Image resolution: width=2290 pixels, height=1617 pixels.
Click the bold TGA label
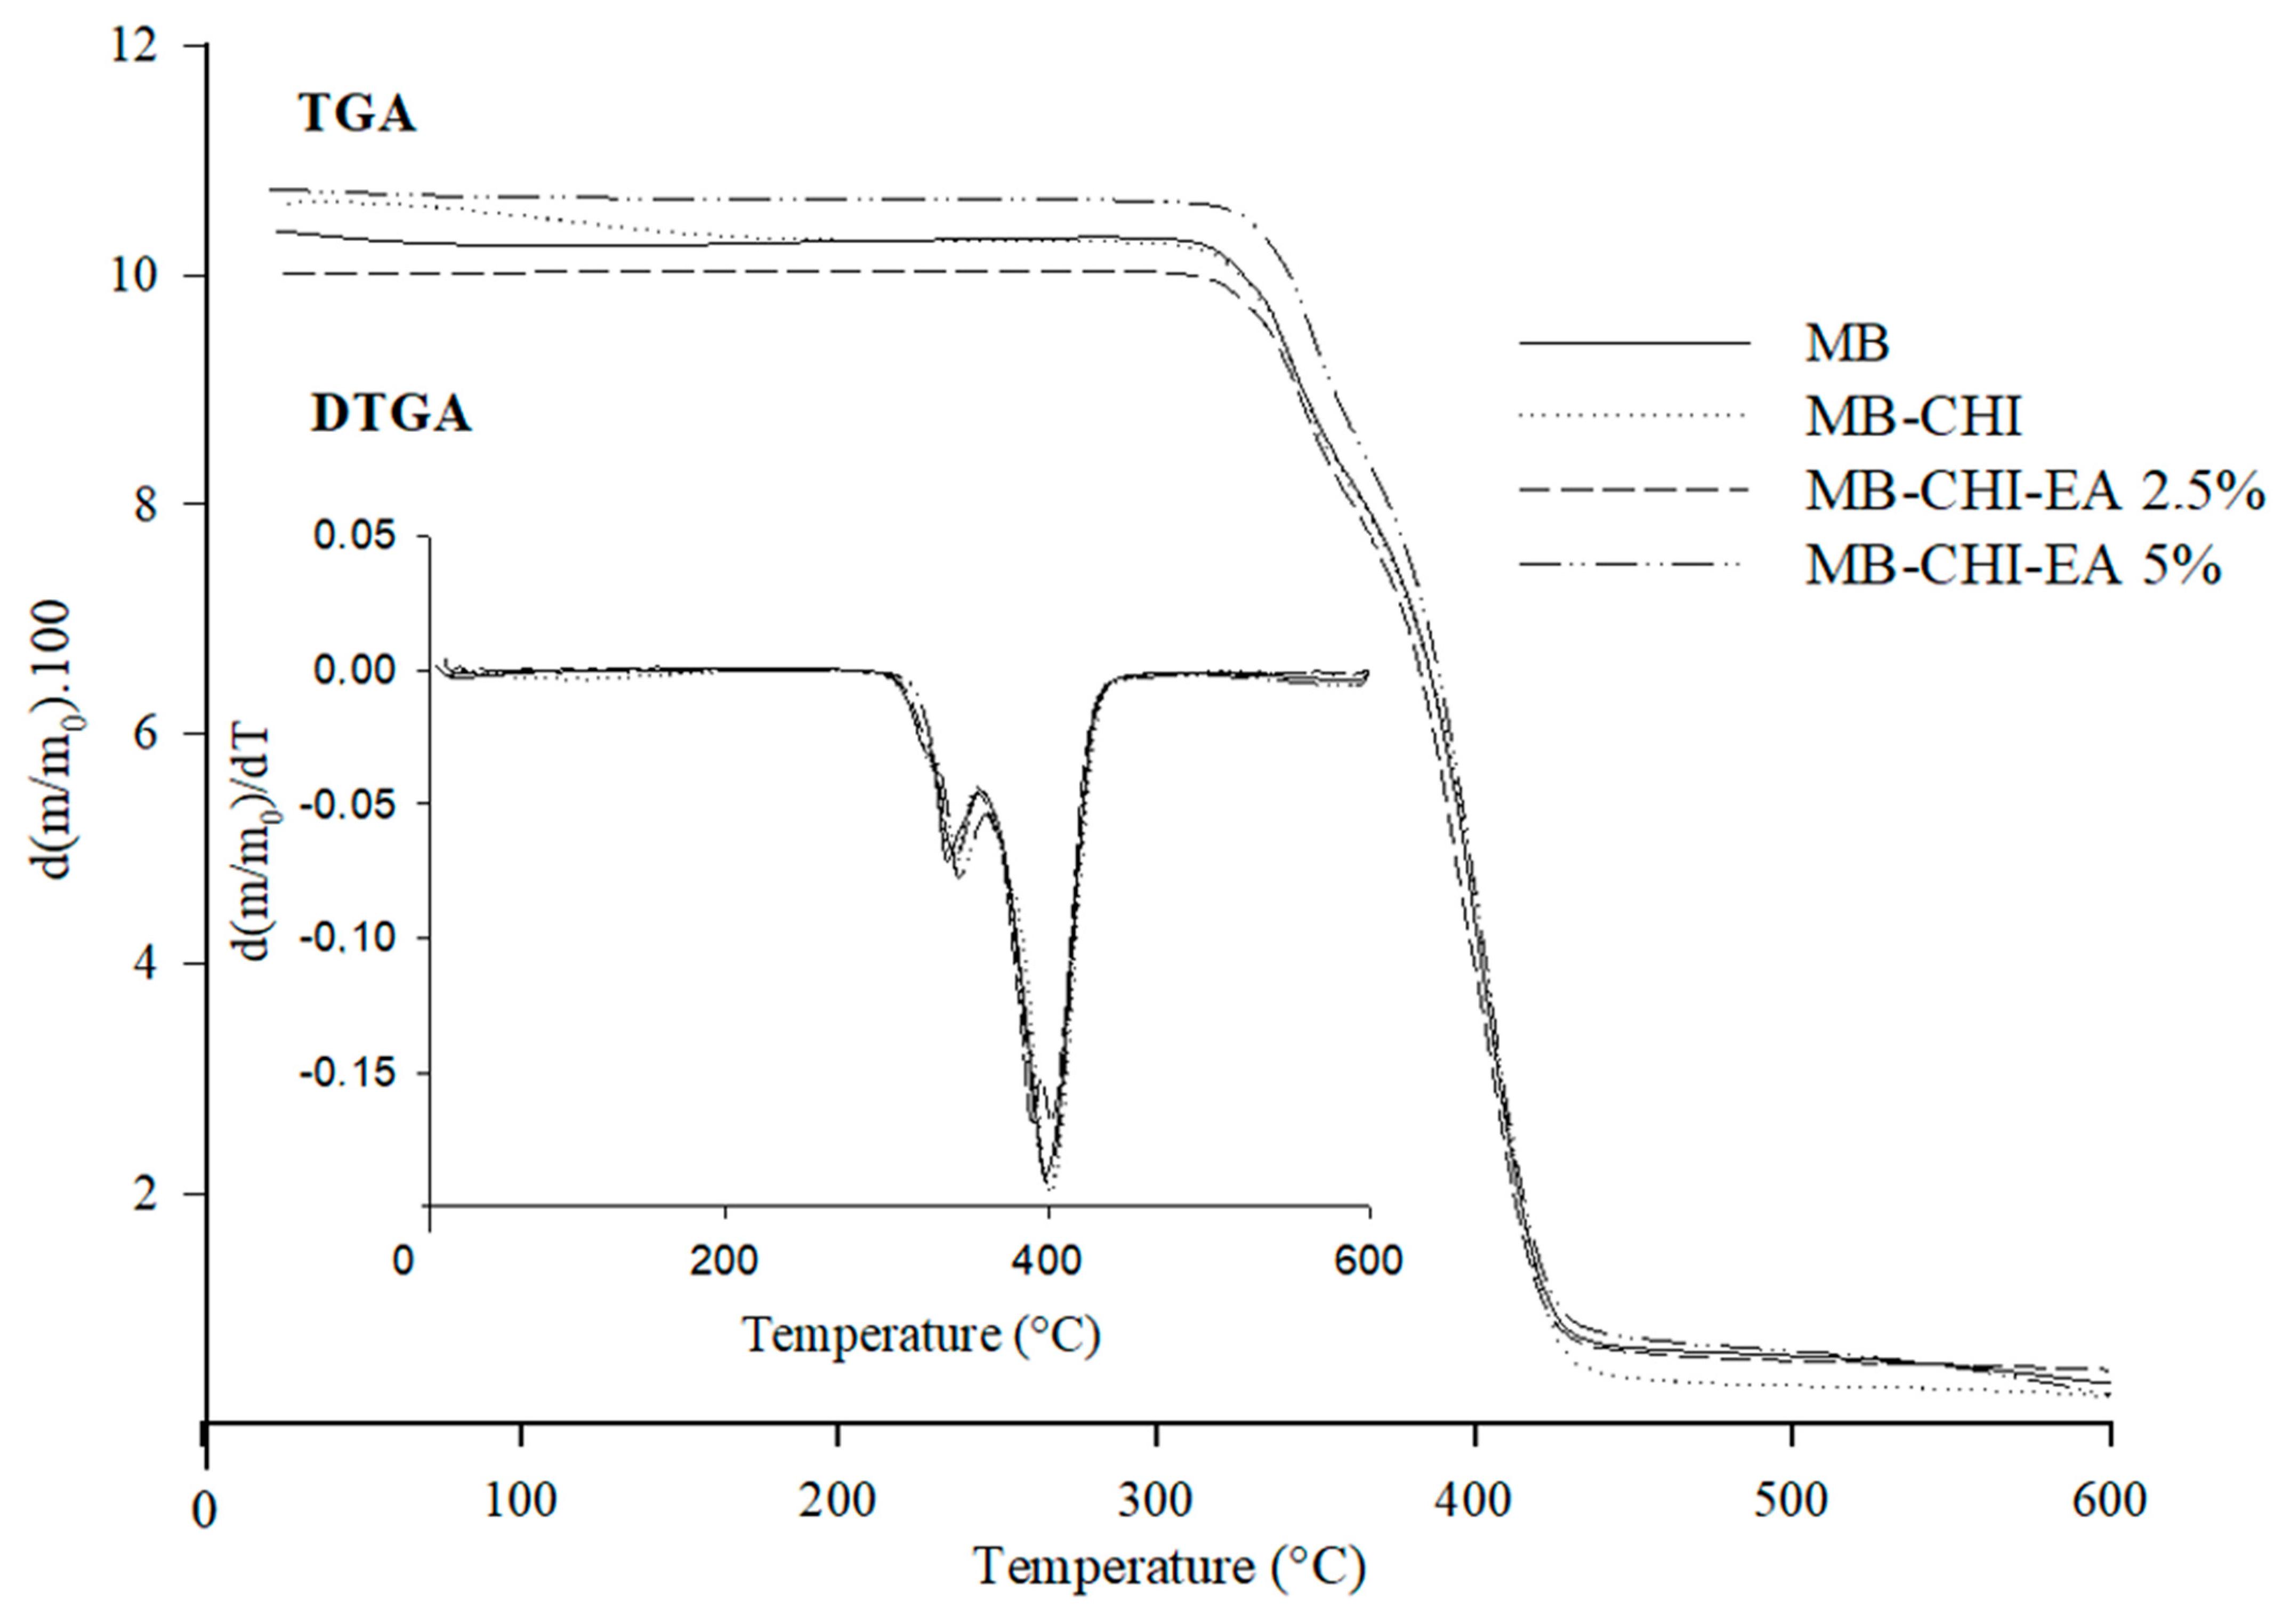tap(357, 115)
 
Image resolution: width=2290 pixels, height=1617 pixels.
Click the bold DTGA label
tap(391, 414)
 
